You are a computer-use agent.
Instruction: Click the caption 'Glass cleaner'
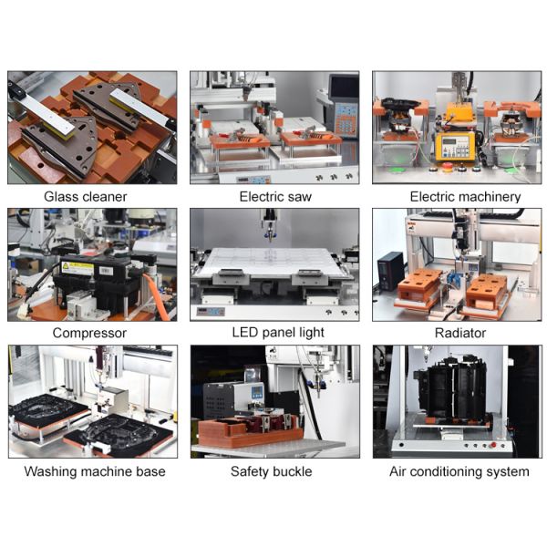point(85,196)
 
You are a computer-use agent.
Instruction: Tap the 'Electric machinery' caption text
point(465,196)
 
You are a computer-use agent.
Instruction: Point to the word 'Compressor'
point(89,333)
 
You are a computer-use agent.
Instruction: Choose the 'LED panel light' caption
point(277,333)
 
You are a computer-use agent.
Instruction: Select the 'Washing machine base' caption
point(95,471)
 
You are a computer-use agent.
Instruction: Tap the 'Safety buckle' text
point(271,471)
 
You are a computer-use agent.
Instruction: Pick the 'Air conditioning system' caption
point(459,471)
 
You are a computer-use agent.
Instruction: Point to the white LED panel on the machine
point(274,263)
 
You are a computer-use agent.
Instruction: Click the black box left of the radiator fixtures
point(391,270)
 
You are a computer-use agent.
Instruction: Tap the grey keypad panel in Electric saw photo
point(343,117)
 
